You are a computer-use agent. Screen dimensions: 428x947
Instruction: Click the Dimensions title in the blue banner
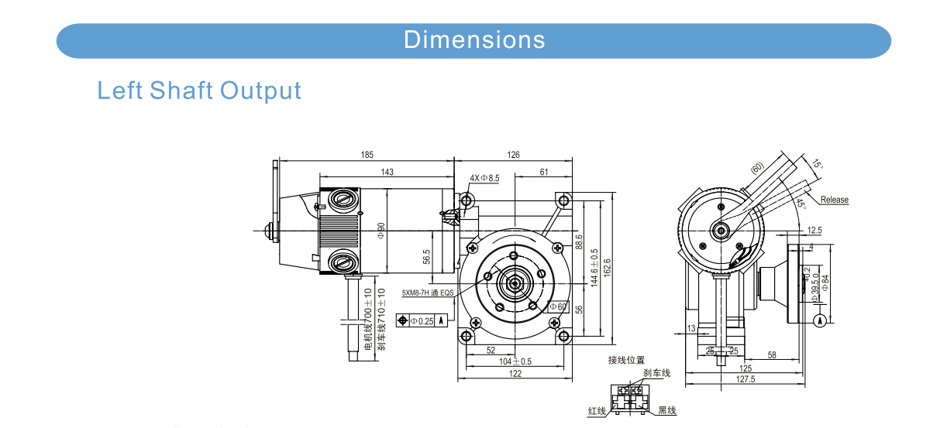tap(474, 39)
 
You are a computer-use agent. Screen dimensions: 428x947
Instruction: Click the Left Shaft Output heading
tap(199, 91)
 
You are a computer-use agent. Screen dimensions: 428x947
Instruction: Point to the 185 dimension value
tap(367, 156)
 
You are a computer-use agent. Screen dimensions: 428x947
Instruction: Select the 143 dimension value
tap(387, 172)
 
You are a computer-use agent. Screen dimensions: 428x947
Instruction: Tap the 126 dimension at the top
tap(513, 156)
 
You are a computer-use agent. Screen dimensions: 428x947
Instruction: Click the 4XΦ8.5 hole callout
tap(485, 178)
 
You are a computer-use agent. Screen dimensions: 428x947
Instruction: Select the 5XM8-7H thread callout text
tap(427, 293)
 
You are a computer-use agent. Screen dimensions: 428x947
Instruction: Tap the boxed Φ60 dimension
tap(558, 307)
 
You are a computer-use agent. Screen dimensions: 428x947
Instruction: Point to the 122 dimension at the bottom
tap(515, 374)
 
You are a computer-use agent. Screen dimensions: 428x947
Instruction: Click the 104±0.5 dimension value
tap(515, 361)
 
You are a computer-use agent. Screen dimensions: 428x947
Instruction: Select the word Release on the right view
tap(834, 200)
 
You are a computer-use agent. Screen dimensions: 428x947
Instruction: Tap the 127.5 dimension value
tap(746, 379)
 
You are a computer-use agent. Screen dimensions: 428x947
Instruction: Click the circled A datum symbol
tap(820, 320)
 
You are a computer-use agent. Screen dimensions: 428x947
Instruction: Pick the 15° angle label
tap(817, 165)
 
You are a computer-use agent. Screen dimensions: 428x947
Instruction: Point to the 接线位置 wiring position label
tap(626, 360)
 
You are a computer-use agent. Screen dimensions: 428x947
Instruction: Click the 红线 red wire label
tap(597, 410)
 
